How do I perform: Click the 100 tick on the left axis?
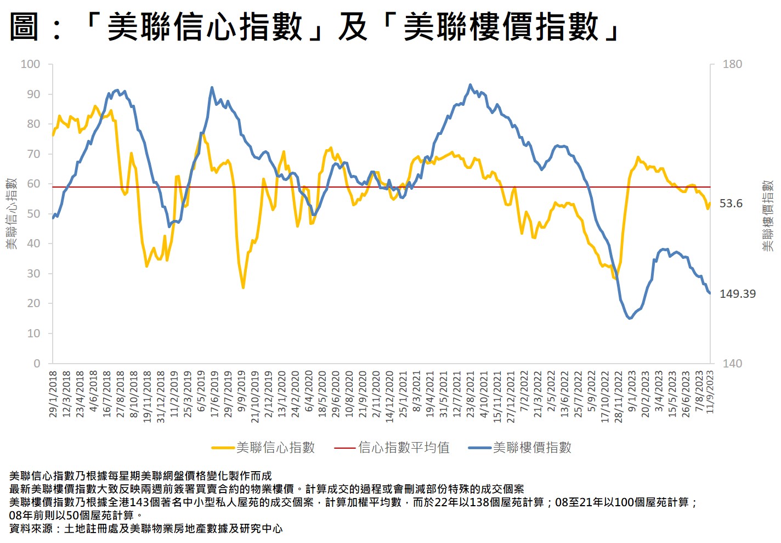click(x=30, y=64)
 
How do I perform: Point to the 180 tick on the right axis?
click(x=732, y=64)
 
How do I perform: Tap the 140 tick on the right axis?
click(x=732, y=363)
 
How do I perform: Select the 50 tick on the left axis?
click(x=33, y=214)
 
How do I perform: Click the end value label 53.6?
click(x=731, y=203)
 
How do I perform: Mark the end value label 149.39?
click(x=737, y=294)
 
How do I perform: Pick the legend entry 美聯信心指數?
click(x=275, y=448)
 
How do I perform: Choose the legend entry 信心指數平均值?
click(x=404, y=448)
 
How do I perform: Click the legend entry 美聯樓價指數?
click(x=532, y=448)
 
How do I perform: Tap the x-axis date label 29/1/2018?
click(x=53, y=394)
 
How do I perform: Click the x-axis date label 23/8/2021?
click(x=471, y=394)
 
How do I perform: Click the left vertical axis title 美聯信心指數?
click(x=12, y=213)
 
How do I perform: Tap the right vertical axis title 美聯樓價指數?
click(x=768, y=216)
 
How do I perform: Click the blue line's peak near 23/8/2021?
click(x=470, y=84)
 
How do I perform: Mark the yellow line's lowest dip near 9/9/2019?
click(x=243, y=287)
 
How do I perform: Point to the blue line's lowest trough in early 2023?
click(x=630, y=318)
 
